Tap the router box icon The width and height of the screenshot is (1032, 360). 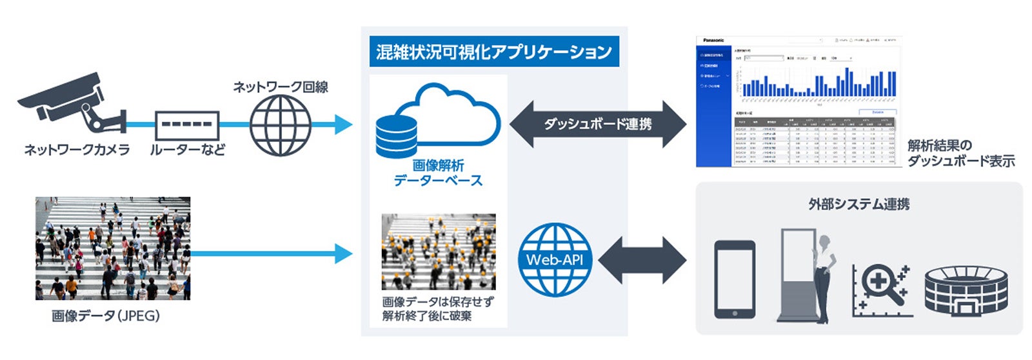(x=187, y=125)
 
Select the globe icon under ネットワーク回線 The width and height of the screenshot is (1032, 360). (x=280, y=125)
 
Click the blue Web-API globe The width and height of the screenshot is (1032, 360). (x=555, y=259)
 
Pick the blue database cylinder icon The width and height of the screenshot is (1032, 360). (x=396, y=137)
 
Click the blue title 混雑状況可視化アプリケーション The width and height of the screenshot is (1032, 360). (x=494, y=52)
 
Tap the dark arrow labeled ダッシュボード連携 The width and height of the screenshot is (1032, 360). (x=597, y=125)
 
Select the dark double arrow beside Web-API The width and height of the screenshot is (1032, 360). (x=642, y=260)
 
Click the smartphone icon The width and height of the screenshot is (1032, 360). (x=735, y=279)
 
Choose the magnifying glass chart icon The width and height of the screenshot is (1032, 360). (x=881, y=289)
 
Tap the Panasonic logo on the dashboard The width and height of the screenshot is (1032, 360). (x=713, y=41)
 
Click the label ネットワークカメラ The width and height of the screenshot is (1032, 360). (x=77, y=150)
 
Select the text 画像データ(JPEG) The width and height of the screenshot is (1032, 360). (x=106, y=317)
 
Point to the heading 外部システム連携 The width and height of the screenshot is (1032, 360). (x=859, y=205)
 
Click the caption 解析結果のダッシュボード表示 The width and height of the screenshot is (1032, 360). (x=960, y=153)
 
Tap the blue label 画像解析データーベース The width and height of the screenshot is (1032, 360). (x=438, y=173)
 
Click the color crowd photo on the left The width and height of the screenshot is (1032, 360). (x=113, y=248)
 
